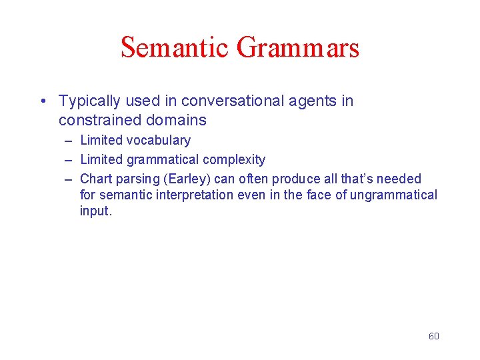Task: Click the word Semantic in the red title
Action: [175, 48]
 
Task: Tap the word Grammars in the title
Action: [298, 48]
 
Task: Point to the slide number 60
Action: [433, 336]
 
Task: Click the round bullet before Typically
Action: [42, 101]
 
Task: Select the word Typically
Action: [89, 101]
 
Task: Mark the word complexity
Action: [234, 160]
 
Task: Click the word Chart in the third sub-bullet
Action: [96, 179]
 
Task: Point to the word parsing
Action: [137, 179]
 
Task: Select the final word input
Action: [96, 211]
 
